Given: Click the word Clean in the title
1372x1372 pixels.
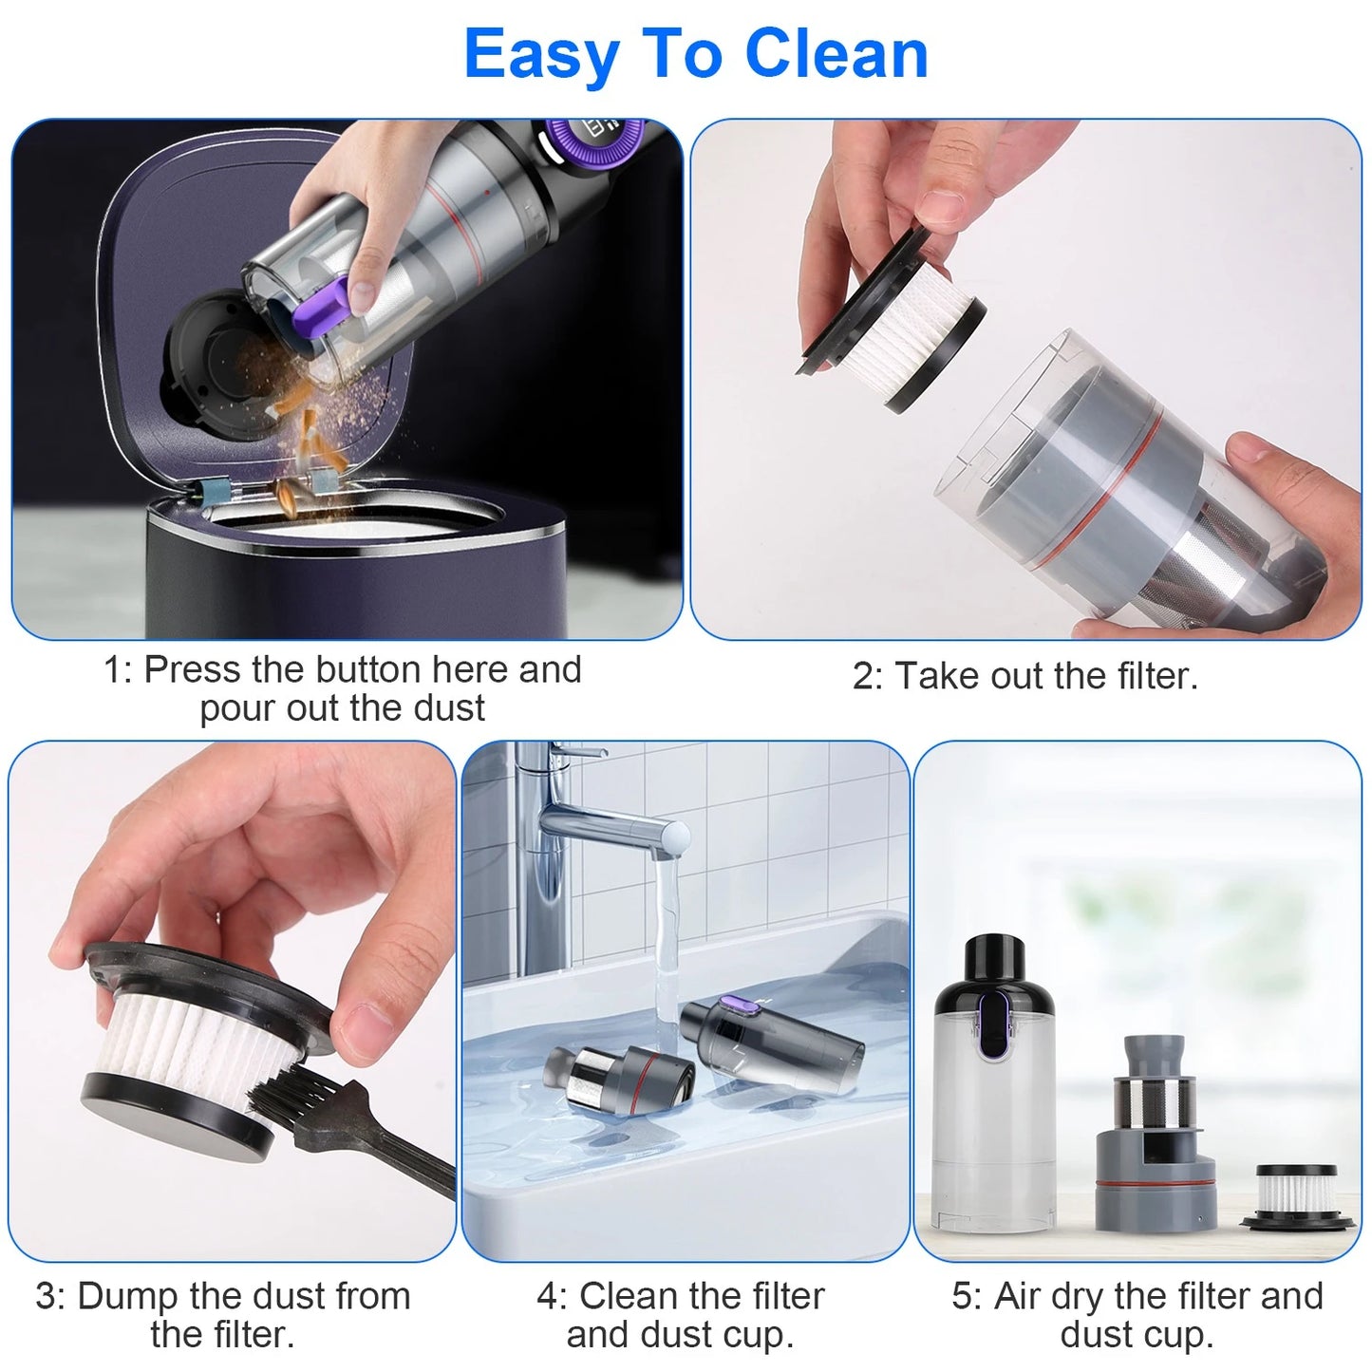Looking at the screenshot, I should coord(836,54).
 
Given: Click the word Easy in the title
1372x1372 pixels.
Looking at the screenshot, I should coord(540,54).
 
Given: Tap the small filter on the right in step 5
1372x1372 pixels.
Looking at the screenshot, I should coord(1295,1198).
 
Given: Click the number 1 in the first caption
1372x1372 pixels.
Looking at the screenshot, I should coord(115,670).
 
